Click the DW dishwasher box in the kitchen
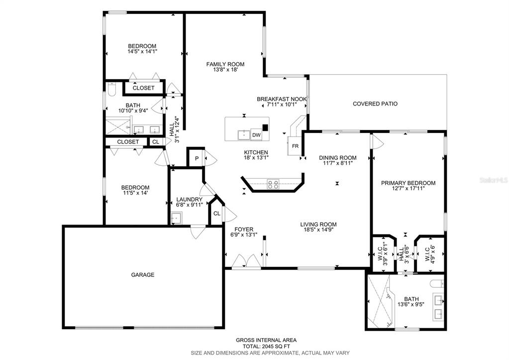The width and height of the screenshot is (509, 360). click(x=256, y=135)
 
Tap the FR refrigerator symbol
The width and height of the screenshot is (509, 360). click(x=295, y=146)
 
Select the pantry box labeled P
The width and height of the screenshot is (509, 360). click(x=197, y=159)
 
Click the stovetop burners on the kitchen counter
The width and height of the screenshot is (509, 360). click(x=273, y=184)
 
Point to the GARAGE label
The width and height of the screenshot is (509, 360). click(x=143, y=274)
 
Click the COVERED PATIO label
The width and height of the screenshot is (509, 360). click(x=375, y=104)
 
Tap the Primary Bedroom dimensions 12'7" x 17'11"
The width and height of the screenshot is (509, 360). click(x=408, y=189)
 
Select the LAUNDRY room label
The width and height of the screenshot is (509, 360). click(x=189, y=199)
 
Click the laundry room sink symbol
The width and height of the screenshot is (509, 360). click(x=176, y=218)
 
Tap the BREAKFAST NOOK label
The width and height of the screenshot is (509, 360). click(x=282, y=99)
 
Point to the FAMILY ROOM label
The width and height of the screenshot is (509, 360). click(x=225, y=64)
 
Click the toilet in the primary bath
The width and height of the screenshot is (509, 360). click(x=436, y=285)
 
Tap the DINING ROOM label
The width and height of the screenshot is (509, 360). click(x=337, y=157)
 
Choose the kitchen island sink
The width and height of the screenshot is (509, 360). click(x=244, y=134)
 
